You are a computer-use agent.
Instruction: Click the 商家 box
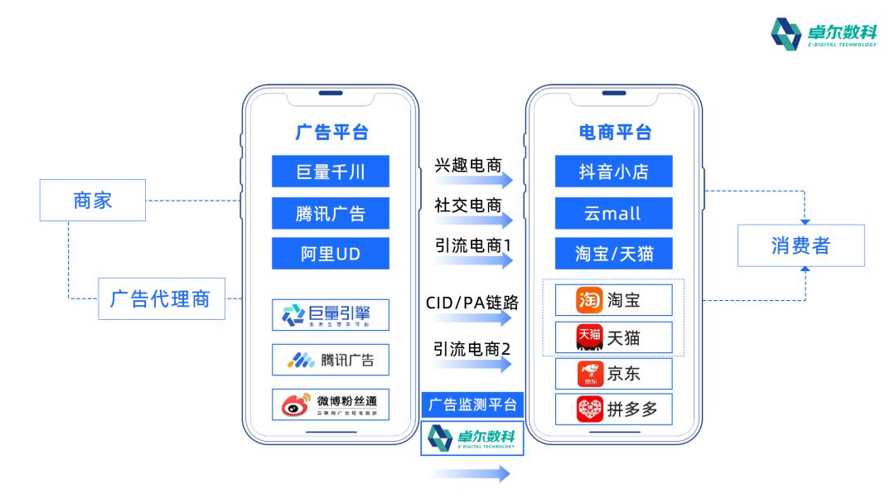(x=93, y=200)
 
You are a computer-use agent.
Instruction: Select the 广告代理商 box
(x=160, y=298)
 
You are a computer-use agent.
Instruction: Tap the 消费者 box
(x=801, y=245)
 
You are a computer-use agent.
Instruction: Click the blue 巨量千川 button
(x=330, y=172)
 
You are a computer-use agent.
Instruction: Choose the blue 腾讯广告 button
(x=330, y=213)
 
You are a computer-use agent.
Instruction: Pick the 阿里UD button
(x=330, y=254)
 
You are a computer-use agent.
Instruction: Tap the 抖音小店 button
(x=613, y=172)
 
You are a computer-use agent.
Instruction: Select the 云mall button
(x=613, y=213)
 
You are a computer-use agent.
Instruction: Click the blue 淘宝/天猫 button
(x=613, y=254)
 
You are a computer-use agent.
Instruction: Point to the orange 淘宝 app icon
(x=588, y=300)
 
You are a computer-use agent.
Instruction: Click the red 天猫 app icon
(x=589, y=337)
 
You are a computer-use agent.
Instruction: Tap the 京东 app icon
(x=589, y=374)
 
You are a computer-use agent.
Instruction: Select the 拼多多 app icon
(x=589, y=409)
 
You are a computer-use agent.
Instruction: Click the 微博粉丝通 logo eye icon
(x=295, y=405)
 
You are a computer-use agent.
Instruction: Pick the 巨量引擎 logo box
(x=330, y=315)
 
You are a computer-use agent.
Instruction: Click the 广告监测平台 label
(x=472, y=405)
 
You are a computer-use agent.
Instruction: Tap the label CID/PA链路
(x=472, y=303)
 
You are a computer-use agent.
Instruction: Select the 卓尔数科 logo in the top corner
(x=821, y=34)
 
